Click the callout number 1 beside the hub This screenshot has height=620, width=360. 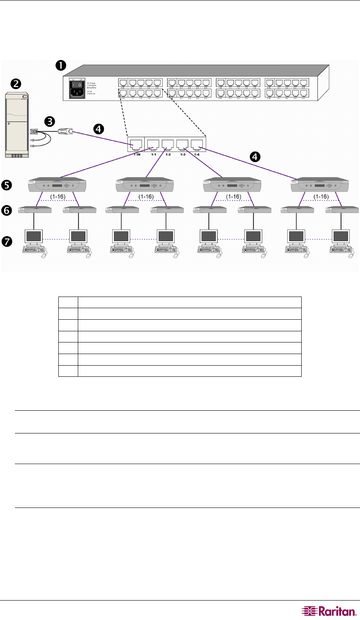tap(61, 65)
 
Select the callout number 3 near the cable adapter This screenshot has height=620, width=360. tap(50, 121)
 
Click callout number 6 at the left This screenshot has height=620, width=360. tap(7, 211)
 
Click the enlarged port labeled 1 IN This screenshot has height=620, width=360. tap(136, 145)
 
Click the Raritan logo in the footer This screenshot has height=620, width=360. tap(329, 611)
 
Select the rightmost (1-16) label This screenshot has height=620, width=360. tap(321, 196)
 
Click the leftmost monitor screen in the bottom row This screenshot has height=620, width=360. tap(34, 236)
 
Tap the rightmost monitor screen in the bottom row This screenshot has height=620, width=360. tap(341, 236)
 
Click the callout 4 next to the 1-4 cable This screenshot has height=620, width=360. tap(256, 157)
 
